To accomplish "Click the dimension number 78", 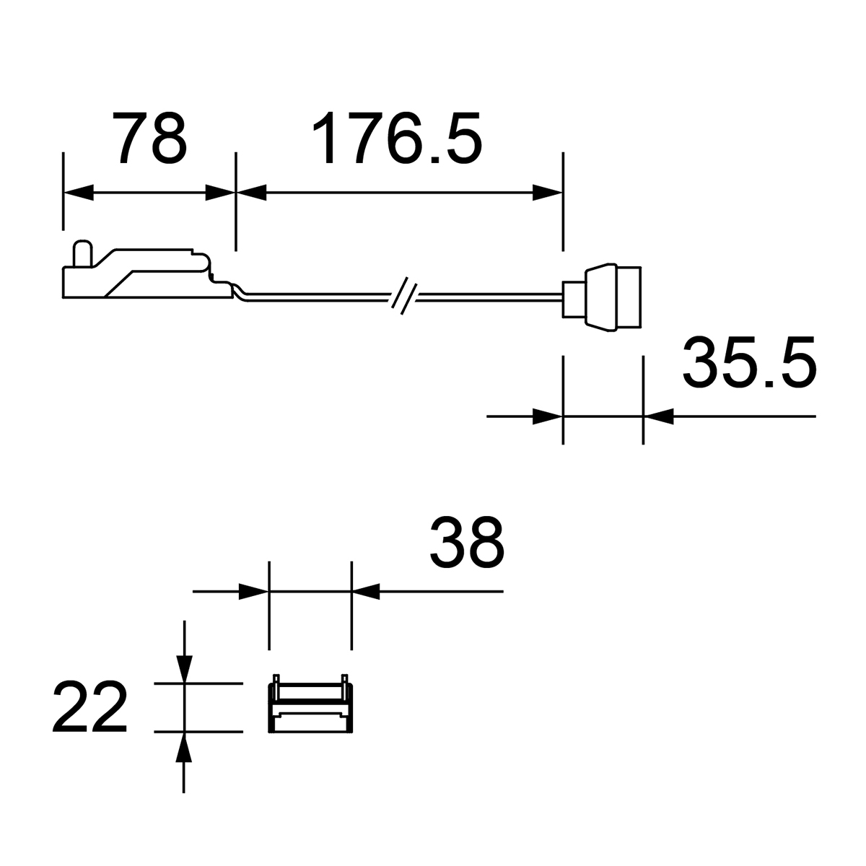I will tap(152, 138).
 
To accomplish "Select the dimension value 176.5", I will tap(396, 138).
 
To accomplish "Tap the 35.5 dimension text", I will tap(748, 362).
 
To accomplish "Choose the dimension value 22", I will tap(89, 707).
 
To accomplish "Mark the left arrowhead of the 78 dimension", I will tap(78, 193).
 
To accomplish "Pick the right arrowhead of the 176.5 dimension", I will tap(548, 193).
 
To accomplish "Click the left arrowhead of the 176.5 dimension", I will tap(251, 193).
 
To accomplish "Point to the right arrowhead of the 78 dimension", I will tap(221, 193).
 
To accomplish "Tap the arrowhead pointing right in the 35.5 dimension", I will tap(548, 416).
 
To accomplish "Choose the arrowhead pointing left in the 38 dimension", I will tap(366, 592).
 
